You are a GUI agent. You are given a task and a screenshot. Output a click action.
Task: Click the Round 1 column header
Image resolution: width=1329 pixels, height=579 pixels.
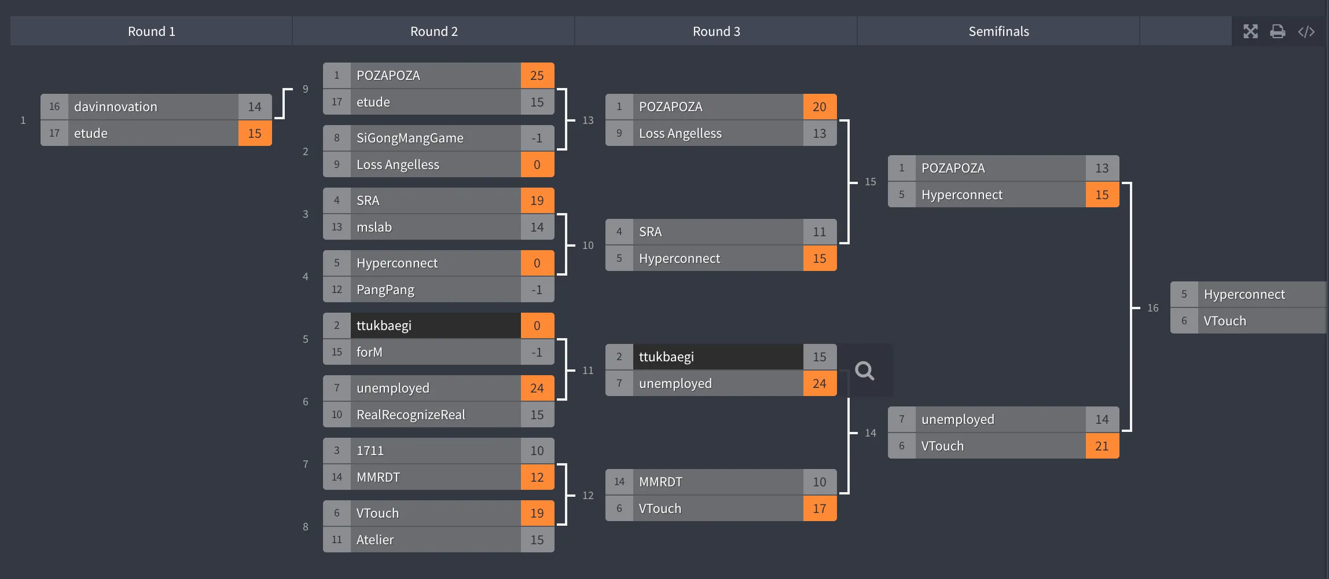pos(151,31)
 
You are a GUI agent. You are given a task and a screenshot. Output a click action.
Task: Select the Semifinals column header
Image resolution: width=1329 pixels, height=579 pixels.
pos(998,31)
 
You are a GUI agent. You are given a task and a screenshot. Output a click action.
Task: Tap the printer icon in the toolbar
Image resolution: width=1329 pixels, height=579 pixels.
pos(1277,31)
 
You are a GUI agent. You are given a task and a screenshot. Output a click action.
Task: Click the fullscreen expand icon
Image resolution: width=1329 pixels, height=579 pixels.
pos(1250,31)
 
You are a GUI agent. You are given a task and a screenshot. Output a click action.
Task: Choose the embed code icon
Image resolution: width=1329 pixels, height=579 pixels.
pos(1306,31)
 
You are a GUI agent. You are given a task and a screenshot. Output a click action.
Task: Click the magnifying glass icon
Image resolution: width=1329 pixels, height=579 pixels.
pos(864,371)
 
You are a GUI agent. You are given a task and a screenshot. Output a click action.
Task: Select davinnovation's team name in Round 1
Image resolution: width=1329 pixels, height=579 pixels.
pos(116,107)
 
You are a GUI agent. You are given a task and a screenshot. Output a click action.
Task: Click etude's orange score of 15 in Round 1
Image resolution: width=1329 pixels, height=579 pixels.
pos(255,134)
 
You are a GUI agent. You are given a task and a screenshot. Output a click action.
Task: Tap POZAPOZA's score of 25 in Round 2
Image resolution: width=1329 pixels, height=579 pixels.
pos(537,76)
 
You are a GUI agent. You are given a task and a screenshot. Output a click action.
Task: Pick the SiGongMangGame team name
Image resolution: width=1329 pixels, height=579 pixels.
pos(410,138)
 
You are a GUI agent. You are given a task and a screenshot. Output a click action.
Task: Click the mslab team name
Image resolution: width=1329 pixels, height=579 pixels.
pos(374,228)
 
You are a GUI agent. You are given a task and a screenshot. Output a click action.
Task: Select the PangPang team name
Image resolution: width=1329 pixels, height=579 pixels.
pos(385,290)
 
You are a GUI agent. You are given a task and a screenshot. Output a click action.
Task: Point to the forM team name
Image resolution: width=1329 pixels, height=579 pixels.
pos(369,353)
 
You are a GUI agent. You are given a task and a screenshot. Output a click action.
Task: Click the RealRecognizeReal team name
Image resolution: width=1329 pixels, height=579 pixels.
pos(410,415)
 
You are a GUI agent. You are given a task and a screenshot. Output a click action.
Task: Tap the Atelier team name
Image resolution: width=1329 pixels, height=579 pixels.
pos(375,540)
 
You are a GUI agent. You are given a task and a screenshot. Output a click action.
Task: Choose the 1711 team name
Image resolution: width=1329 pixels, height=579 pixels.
pos(370,451)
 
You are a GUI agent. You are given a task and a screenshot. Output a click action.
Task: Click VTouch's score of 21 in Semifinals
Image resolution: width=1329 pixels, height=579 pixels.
pos(1102,446)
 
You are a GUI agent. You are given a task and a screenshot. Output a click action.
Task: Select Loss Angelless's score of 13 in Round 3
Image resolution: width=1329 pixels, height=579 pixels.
pos(819,134)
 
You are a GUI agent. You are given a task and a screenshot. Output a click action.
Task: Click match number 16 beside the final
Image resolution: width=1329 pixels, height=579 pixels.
pos(1152,308)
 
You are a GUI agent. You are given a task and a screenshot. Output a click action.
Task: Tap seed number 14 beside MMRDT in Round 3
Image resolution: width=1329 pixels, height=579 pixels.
pos(619,482)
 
